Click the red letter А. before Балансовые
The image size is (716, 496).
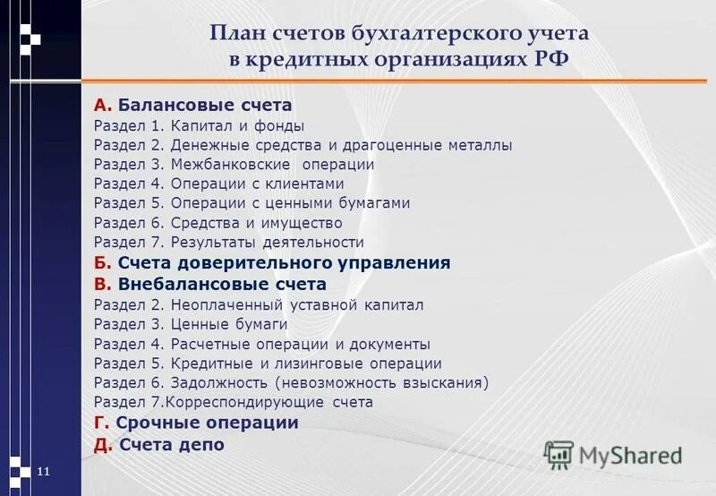coord(102,105)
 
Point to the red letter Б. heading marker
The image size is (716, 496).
coord(102,263)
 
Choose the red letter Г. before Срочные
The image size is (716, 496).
coord(101,423)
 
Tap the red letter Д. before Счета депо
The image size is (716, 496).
coord(103,444)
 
